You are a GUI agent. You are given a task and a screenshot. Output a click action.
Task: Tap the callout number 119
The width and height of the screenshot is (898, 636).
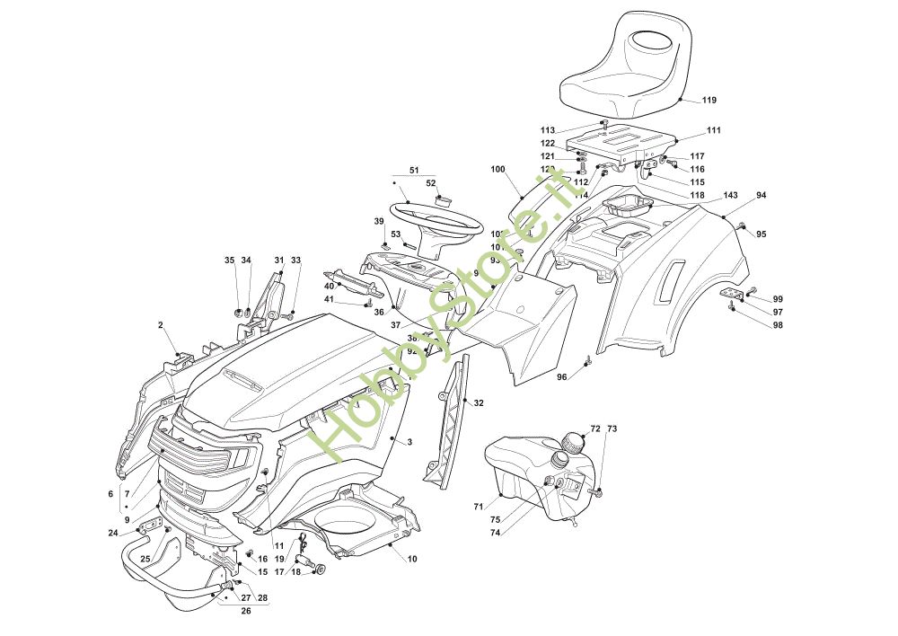click(709, 100)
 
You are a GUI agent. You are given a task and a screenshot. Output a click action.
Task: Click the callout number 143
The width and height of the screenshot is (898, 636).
click(730, 195)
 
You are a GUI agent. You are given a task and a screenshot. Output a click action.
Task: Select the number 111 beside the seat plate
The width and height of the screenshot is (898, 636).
click(713, 130)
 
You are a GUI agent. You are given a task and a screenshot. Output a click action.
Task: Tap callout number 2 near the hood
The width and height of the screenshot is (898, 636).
click(161, 324)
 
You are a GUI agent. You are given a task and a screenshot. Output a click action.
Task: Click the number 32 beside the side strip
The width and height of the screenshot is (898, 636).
click(479, 403)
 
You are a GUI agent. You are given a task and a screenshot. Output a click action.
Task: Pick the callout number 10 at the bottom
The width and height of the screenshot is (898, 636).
click(412, 559)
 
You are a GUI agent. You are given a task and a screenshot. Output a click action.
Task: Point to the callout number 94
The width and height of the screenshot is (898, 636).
click(762, 195)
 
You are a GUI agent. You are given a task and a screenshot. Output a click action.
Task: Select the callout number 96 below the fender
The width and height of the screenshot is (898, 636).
click(561, 377)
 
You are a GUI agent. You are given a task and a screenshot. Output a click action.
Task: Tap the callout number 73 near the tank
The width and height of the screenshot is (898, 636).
click(612, 429)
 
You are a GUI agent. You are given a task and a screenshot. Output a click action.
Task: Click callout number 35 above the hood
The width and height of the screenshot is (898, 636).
click(229, 261)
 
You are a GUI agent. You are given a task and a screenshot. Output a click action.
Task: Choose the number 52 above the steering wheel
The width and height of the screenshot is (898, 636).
click(431, 183)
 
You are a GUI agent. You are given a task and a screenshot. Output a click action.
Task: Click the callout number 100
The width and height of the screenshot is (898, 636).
click(498, 169)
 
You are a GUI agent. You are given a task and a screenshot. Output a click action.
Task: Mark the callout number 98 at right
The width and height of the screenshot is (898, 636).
click(778, 325)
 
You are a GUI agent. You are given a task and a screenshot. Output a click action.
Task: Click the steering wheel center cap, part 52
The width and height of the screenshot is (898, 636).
click(443, 199)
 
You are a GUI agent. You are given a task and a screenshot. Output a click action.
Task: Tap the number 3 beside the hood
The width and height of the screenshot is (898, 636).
click(409, 442)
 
